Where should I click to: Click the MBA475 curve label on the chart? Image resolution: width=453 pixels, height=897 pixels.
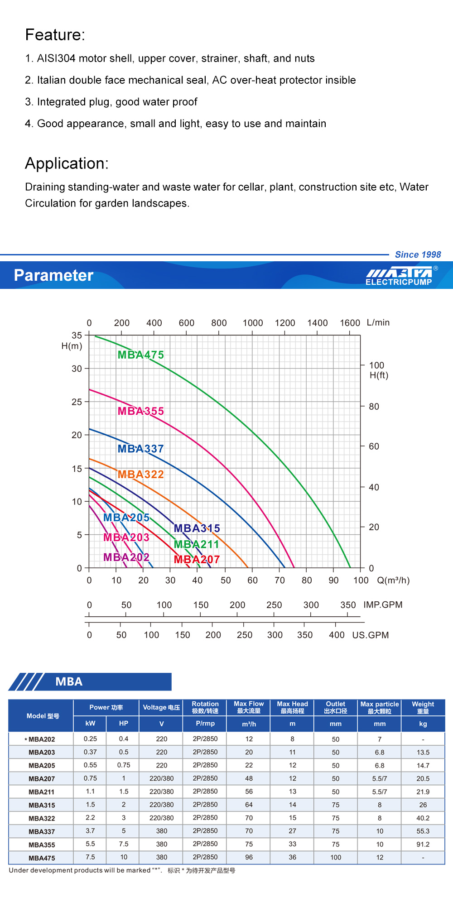(140, 355)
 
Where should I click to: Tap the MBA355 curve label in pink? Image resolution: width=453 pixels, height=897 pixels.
(140, 411)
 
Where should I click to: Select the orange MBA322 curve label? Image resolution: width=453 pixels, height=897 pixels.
(140, 475)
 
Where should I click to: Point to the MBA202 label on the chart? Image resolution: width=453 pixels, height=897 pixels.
(126, 557)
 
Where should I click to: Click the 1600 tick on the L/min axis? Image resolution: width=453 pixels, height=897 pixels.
(350, 323)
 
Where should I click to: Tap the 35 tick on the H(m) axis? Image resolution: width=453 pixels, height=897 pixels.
(77, 335)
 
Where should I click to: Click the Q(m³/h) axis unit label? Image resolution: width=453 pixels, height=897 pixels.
(393, 580)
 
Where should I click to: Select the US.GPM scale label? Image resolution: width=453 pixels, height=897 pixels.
(371, 635)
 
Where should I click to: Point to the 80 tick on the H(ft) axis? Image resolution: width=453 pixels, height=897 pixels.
(374, 407)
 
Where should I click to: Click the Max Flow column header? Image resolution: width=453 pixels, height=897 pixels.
(249, 707)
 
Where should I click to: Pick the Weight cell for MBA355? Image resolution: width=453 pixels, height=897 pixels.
(423, 844)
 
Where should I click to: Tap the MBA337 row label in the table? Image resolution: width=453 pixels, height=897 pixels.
(42, 832)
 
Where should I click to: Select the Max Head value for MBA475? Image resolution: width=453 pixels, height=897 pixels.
(292, 858)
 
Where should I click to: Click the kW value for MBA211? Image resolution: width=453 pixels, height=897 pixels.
(90, 791)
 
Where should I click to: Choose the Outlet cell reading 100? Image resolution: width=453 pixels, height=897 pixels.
(336, 858)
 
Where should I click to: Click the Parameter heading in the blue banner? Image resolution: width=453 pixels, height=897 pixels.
(53, 275)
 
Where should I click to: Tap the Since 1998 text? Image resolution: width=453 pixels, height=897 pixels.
(418, 254)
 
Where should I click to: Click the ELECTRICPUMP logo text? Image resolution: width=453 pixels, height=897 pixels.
(399, 282)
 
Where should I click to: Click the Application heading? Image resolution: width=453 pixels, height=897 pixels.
(67, 163)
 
